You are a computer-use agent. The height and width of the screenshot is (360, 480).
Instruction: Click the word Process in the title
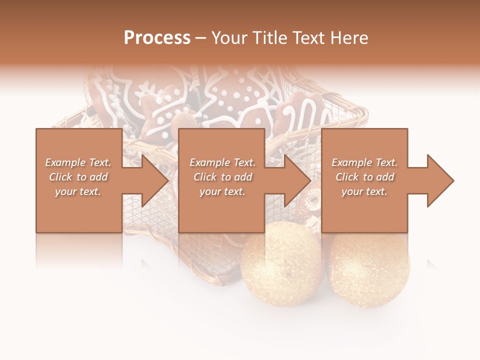157,38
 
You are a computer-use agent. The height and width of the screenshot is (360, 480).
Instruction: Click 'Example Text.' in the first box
78,162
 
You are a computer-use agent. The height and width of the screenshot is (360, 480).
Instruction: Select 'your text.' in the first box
78,191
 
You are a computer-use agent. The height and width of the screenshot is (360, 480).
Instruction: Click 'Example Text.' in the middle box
222,162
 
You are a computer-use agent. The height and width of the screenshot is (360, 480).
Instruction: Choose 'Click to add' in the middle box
222,177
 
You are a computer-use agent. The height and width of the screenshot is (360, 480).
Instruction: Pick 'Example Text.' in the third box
364,162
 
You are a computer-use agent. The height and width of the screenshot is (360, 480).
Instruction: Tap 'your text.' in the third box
364,191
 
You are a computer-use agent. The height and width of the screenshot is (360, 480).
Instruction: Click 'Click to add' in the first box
78,177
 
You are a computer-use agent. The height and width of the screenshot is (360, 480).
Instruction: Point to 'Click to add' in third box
364,177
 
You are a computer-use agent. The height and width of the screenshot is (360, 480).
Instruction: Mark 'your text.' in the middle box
222,191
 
